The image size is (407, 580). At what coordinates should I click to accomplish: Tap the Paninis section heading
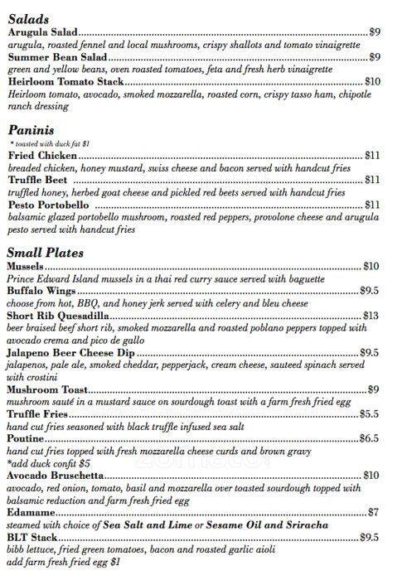pos(31,130)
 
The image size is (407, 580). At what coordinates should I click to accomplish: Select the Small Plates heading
pos(45,252)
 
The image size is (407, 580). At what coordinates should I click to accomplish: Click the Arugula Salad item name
pos(42,31)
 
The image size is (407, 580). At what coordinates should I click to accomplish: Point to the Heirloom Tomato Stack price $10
pos(372,82)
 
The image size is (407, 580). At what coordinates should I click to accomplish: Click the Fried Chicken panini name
pos(42,155)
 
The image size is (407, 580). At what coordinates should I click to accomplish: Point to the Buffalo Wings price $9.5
pos(370,291)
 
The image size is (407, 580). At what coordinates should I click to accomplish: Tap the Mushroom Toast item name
pos(48,389)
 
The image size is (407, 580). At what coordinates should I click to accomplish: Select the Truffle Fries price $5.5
pos(370,413)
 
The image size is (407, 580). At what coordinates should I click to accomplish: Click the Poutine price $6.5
pos(370,437)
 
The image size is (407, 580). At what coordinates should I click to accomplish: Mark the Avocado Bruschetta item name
pos(55,476)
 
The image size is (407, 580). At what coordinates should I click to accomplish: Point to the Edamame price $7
pos(374,512)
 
